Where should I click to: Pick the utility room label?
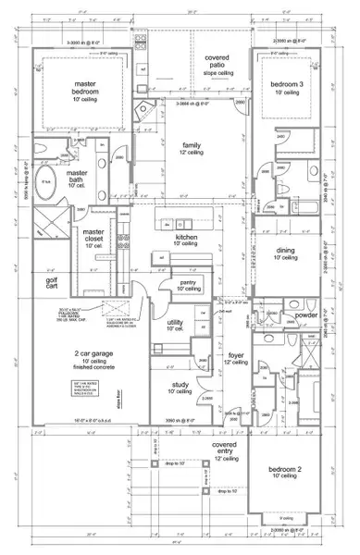tap(176, 324)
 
